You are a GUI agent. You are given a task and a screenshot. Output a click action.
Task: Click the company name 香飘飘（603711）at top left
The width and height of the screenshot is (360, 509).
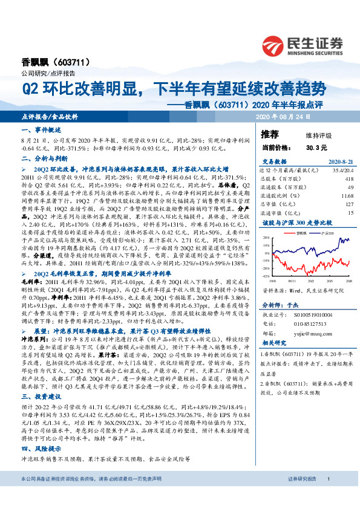(x=48, y=62)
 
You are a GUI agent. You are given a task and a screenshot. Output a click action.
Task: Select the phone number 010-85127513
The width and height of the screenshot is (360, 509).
(x=312, y=323)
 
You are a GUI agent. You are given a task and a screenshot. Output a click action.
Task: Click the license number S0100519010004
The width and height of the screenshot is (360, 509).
(x=315, y=315)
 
